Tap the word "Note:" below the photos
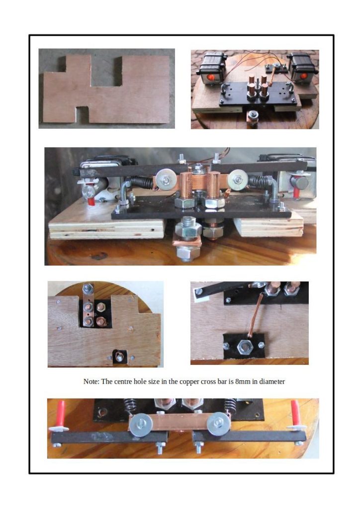91,381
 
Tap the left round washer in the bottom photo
139,424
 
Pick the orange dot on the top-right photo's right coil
304,76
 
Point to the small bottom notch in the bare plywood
82,114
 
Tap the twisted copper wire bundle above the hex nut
255,317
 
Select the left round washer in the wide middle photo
166,179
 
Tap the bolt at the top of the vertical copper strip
88,288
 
